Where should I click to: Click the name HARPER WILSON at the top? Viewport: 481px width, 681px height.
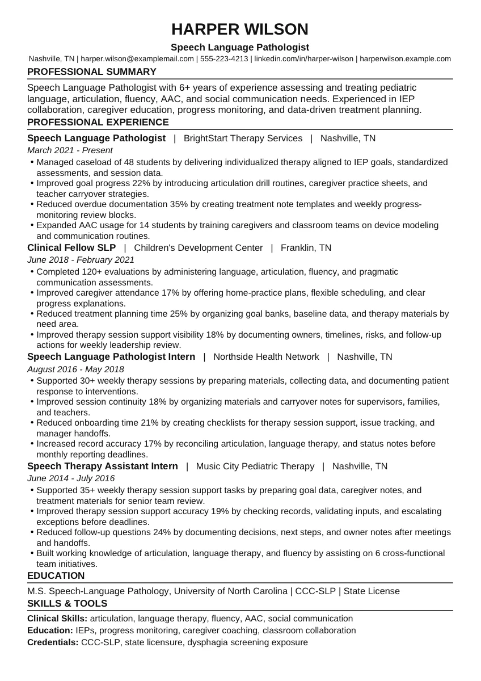[x=240, y=29]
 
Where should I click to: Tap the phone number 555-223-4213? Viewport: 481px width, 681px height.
[x=224, y=58]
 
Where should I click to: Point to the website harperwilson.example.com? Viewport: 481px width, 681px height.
[x=406, y=58]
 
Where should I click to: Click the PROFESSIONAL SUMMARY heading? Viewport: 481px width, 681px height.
[x=92, y=72]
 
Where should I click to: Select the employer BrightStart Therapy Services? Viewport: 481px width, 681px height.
[x=243, y=138]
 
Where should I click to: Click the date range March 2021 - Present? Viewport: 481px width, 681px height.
[x=70, y=150]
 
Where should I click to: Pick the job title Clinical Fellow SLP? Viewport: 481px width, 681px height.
[x=71, y=247]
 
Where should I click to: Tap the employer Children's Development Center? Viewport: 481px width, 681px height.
[x=199, y=247]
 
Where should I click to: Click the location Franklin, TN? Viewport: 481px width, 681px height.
[x=306, y=247]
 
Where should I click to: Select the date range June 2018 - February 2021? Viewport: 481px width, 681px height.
[x=81, y=260]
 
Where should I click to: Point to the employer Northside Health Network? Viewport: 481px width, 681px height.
[x=266, y=356]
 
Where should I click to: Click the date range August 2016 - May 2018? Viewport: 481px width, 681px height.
[x=75, y=369]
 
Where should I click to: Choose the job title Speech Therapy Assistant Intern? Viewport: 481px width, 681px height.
[x=103, y=466]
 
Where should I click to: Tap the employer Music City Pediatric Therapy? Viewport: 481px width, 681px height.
[x=255, y=466]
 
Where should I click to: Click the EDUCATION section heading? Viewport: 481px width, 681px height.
[x=56, y=575]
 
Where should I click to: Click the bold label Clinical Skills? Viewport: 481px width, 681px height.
[x=57, y=618]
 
